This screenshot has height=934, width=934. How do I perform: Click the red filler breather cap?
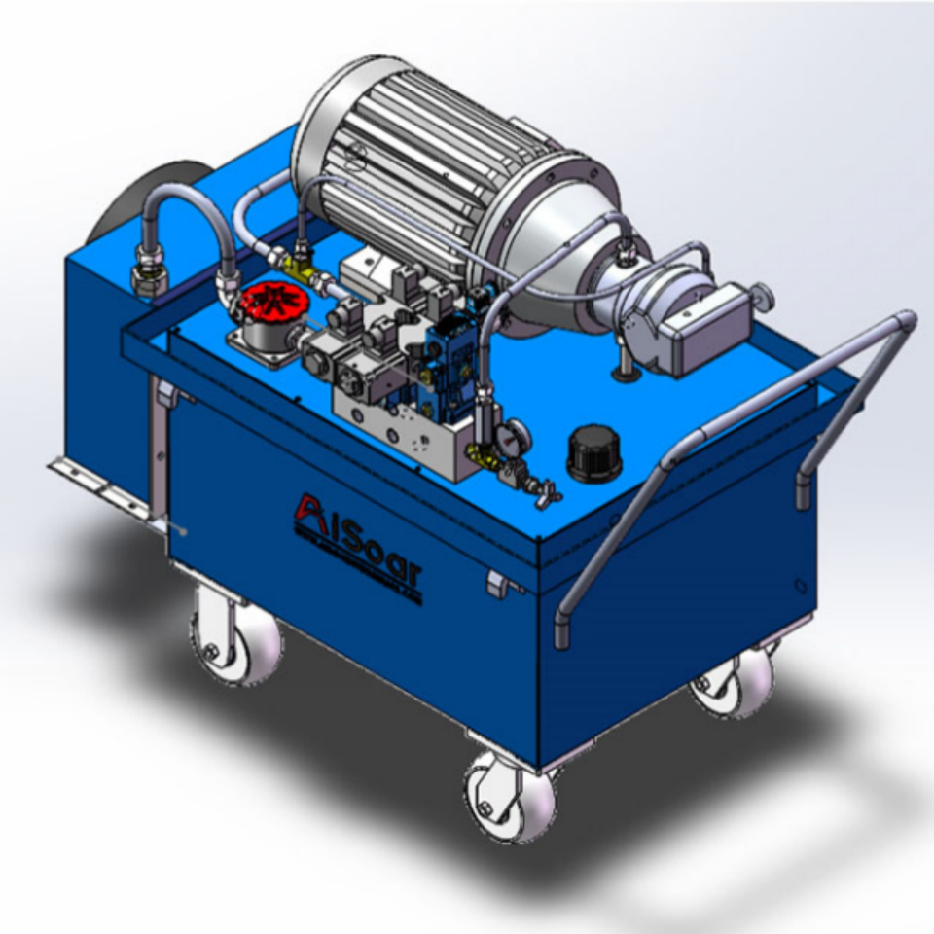(273, 303)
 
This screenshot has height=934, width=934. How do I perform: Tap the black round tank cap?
(593, 452)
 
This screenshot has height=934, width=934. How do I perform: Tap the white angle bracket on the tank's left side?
(97, 487)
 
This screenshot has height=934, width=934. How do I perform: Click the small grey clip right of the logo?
(497, 584)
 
